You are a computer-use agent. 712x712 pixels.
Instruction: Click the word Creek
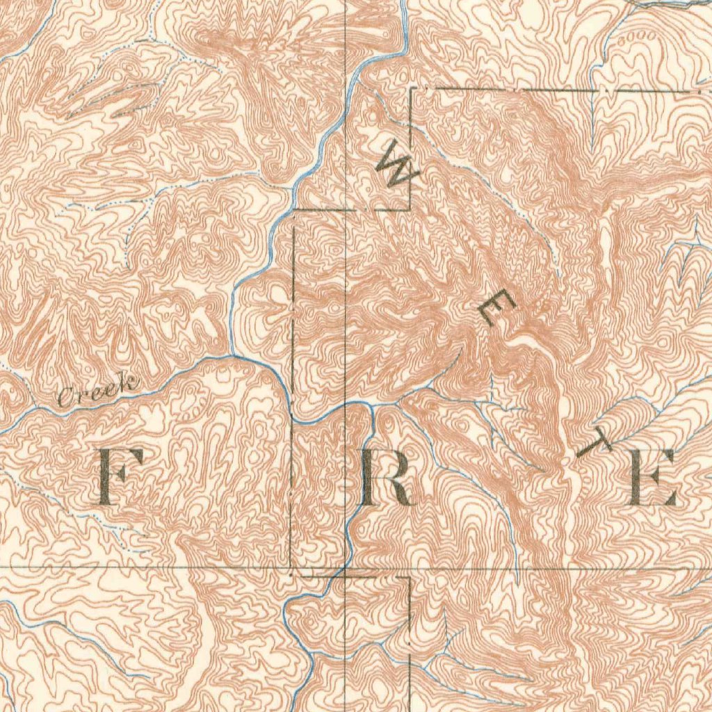[x=97, y=391]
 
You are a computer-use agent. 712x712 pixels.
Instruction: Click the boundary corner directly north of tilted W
[x=412, y=89]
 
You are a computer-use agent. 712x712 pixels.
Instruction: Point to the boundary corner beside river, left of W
[x=295, y=209]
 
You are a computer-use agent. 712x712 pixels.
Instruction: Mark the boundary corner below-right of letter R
[x=410, y=577]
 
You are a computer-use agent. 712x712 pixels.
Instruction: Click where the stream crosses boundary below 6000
[x=592, y=90]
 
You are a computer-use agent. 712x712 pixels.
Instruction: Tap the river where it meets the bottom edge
[x=311, y=709]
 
